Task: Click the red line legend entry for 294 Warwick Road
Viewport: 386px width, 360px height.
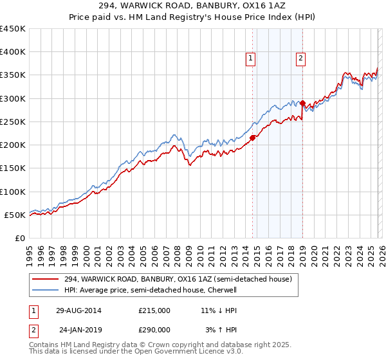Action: [178, 279]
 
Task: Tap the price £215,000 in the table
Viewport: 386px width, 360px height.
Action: [154, 310]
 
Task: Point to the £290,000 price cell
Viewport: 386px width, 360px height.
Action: [154, 329]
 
